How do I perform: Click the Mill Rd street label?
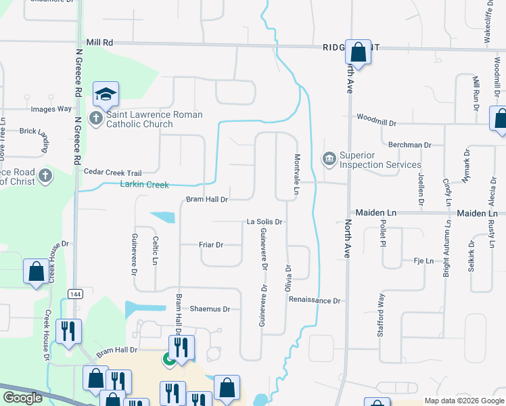tap(99, 42)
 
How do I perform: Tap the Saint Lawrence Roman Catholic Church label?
tap(154, 119)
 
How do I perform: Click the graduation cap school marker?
tap(106, 94)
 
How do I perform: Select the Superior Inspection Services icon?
tap(329, 160)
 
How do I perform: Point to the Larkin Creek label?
tap(144, 184)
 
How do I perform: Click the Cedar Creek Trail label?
tap(112, 172)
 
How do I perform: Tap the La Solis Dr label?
tap(264, 221)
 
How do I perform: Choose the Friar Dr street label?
tap(210, 244)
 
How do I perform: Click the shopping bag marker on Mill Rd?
tap(358, 51)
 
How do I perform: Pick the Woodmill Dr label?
tap(377, 124)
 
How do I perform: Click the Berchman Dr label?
tap(409, 145)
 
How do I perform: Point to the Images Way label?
tap(51, 108)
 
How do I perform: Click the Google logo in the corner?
tap(23, 398)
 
